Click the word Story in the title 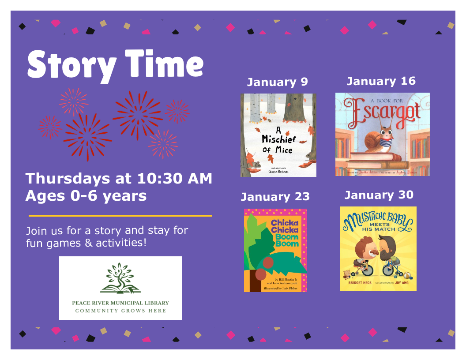click(x=72, y=65)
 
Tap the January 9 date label click(x=277, y=82)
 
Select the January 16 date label click(x=381, y=81)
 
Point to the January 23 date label click(x=275, y=196)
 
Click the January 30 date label click(x=379, y=195)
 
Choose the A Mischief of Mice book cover click(x=278, y=135)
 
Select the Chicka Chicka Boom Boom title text click(x=285, y=233)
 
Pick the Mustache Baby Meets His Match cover click(x=378, y=248)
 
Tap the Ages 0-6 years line click(x=86, y=195)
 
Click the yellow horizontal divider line click(x=120, y=216)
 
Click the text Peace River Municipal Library click(x=120, y=303)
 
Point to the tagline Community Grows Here click(x=120, y=311)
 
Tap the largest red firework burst click(x=137, y=114)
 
